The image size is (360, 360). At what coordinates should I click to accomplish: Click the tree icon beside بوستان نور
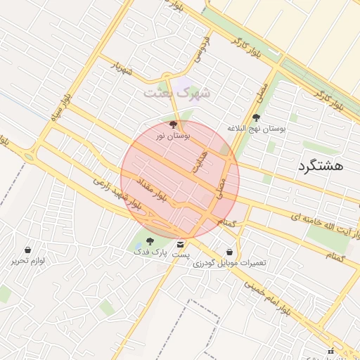(x=174, y=124)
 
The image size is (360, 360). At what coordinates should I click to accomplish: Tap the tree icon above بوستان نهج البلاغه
(x=256, y=118)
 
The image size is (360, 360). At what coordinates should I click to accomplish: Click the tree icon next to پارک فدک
(x=149, y=241)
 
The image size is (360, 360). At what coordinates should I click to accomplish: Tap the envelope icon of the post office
(x=181, y=244)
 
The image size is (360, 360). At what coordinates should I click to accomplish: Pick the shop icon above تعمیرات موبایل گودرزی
(x=230, y=252)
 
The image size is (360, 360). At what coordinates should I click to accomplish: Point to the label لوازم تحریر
(x=27, y=260)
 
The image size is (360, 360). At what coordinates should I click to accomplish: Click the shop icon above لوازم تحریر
(x=27, y=250)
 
